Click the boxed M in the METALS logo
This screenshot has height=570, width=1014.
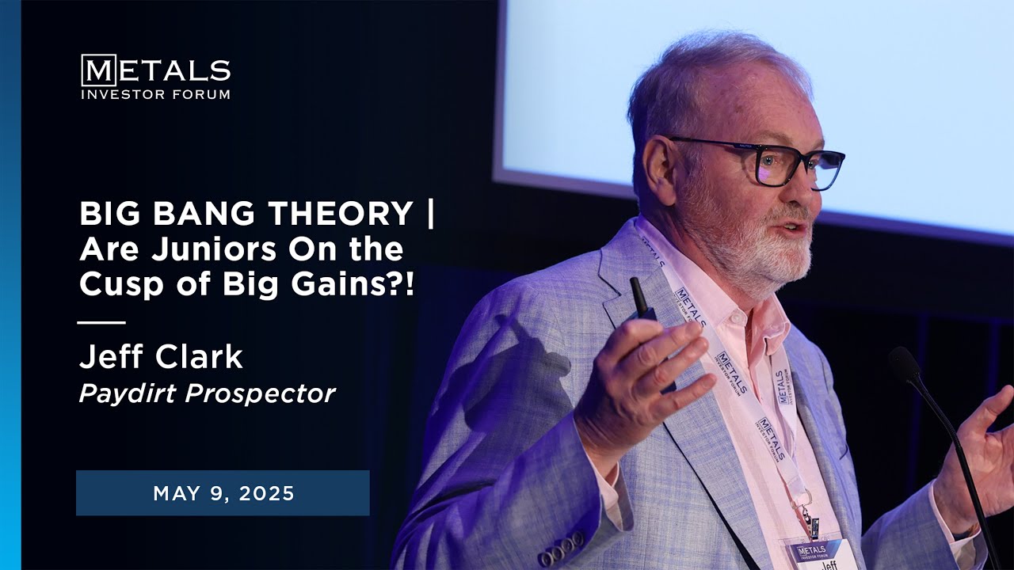click(x=98, y=70)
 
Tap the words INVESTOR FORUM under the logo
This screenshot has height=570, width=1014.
click(x=155, y=94)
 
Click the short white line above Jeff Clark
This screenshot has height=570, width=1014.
click(x=101, y=322)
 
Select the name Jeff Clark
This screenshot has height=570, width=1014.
click(x=160, y=357)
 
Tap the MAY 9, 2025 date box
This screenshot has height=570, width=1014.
click(x=223, y=493)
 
